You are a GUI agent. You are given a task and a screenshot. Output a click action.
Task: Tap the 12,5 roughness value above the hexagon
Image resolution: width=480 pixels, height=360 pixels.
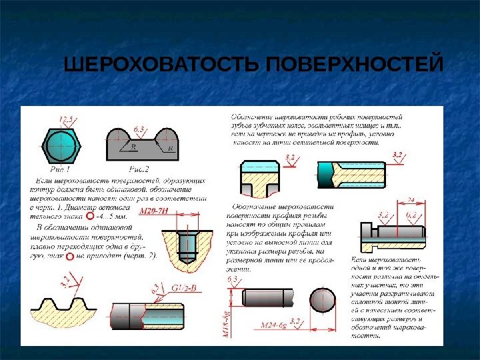point(67,119)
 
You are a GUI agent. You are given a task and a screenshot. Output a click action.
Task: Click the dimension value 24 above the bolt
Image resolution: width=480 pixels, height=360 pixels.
point(411,199)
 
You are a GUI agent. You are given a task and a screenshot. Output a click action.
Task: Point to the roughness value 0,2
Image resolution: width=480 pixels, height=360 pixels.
point(411,215)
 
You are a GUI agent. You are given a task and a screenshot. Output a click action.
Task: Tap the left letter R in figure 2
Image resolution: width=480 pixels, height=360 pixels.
point(134,148)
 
